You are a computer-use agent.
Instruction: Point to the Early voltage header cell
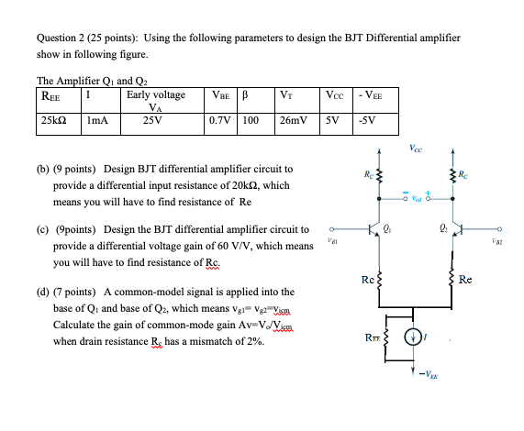tap(156, 98)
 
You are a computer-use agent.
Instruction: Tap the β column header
tap(245, 94)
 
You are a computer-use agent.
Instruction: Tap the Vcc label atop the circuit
tap(417, 149)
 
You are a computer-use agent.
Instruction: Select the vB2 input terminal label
tap(496, 239)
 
